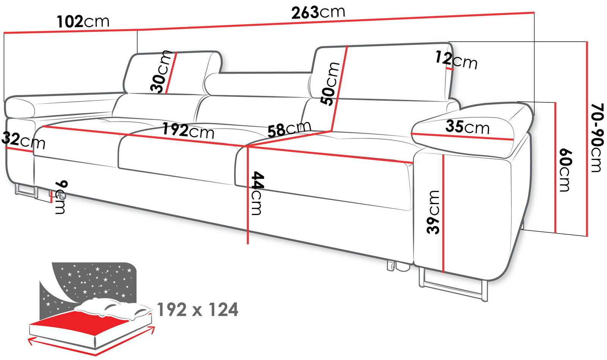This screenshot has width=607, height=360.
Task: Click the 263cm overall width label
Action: point(318,13)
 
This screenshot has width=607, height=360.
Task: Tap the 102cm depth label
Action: point(83,21)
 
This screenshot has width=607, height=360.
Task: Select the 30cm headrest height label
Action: point(161,72)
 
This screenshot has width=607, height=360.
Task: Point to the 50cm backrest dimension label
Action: point(330,83)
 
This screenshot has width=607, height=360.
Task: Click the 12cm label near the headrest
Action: point(456,61)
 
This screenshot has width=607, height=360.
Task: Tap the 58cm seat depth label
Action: point(289,128)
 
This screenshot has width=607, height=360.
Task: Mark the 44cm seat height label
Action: point(257,193)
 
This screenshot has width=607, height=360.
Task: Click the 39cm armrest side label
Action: point(433,212)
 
